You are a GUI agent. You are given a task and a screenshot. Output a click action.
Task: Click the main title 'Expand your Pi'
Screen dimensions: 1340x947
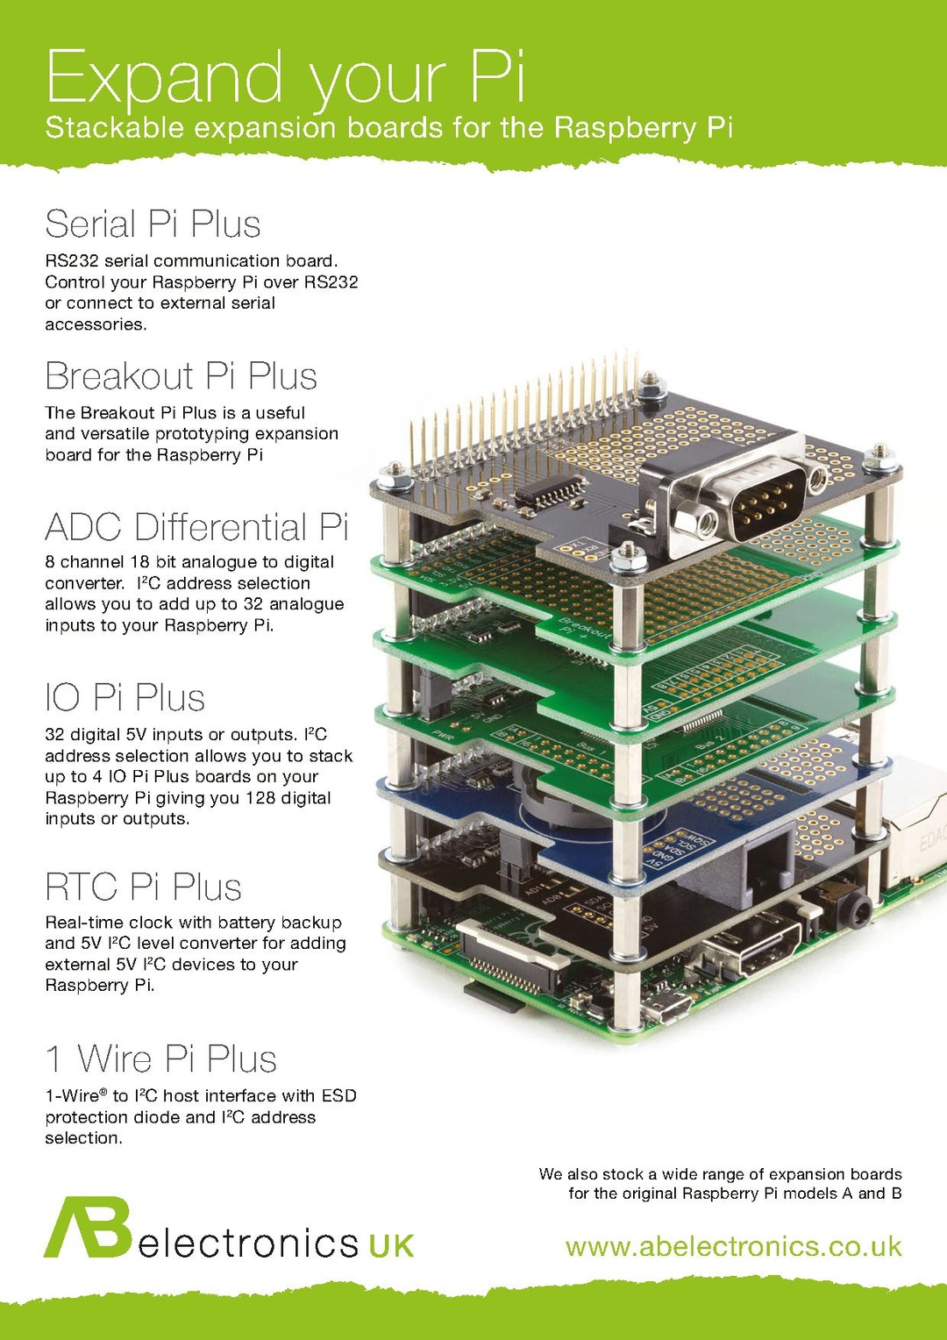285,77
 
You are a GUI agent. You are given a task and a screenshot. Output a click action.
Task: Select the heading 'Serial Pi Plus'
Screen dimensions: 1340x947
153,225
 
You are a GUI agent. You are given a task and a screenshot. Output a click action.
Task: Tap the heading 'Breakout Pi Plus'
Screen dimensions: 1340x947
181,376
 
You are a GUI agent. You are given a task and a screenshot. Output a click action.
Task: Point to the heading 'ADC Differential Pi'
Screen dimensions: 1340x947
196,528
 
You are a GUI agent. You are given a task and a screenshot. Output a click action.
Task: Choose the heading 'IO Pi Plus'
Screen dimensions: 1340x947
125,698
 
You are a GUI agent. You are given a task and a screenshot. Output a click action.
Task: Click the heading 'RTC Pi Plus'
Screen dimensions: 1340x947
143,887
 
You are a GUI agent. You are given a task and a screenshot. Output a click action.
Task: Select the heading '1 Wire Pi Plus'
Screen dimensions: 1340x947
161,1058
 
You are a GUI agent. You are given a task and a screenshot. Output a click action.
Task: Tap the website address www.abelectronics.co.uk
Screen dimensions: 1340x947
733,1246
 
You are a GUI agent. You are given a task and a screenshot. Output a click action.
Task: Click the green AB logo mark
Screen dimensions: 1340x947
88,1227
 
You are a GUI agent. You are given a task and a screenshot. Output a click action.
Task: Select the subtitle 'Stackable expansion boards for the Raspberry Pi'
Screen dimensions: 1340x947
388,128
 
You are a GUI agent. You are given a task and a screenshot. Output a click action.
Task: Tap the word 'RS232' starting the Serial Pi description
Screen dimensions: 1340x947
71,260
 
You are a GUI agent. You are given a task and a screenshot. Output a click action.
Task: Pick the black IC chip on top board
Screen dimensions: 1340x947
551,490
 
